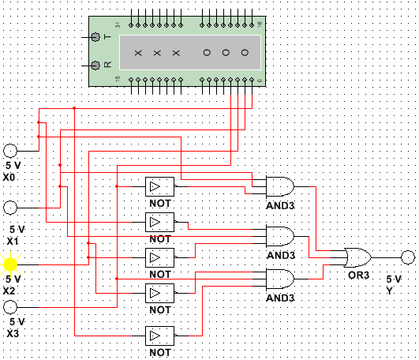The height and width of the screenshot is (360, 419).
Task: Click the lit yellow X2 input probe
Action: [10, 264]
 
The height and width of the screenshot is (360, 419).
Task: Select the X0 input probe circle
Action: [10, 151]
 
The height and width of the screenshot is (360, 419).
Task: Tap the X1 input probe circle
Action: [10, 208]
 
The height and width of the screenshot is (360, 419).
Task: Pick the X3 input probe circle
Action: [10, 307]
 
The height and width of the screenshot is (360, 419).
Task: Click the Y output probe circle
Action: [408, 257]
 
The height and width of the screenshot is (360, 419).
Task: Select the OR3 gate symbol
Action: [357, 257]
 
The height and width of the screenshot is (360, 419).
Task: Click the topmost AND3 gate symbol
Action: [280, 186]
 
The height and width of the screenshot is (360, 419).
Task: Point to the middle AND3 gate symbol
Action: [280, 236]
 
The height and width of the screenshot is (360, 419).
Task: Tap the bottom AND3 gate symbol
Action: [280, 279]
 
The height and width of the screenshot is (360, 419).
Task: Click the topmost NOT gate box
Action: [160, 186]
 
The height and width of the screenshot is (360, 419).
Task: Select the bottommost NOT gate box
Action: [160, 336]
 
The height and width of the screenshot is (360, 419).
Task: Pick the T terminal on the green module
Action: [95, 37]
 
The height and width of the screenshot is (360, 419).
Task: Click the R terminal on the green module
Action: [95, 66]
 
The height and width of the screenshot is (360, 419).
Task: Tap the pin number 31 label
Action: [118, 24]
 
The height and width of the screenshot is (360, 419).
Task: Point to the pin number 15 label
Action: [118, 79]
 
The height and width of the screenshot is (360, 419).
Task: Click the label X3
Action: [13, 333]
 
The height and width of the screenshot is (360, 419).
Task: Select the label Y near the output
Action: [389, 291]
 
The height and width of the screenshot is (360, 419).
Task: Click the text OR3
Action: [358, 275]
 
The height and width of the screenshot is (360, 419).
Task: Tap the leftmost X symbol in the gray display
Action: [138, 53]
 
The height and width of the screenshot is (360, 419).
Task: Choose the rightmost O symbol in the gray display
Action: [245, 52]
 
